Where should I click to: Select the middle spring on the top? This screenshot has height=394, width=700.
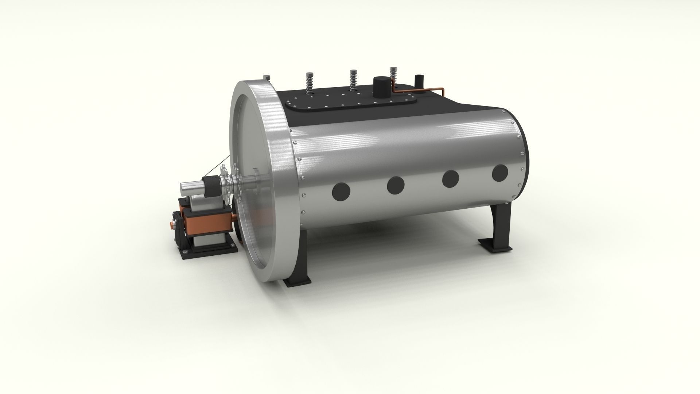[x=353, y=81]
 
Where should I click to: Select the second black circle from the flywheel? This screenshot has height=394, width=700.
[x=396, y=185]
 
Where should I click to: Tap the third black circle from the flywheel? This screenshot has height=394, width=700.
[x=450, y=178]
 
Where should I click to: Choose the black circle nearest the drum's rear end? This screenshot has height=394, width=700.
[x=500, y=173]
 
